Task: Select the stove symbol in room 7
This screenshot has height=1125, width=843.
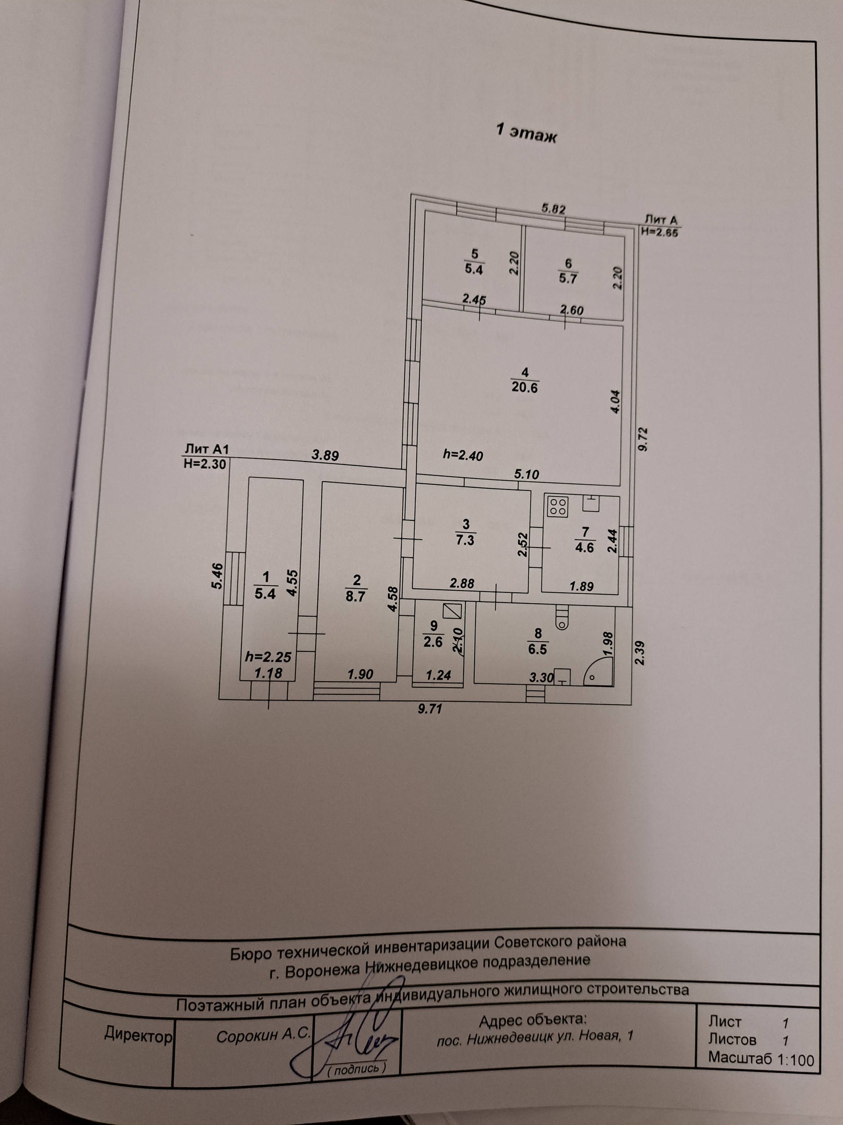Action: (558, 507)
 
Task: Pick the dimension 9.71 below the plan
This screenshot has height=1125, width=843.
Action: (430, 708)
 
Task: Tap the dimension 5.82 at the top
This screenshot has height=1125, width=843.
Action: (553, 209)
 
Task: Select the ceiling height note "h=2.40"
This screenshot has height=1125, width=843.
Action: (463, 455)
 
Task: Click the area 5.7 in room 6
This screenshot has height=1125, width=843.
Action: (568, 279)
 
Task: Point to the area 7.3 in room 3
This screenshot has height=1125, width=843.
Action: (465, 540)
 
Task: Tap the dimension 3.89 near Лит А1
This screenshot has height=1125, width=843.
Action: (325, 455)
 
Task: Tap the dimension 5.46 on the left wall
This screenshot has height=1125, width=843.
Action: (217, 576)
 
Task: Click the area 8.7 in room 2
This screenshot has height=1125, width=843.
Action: (356, 595)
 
